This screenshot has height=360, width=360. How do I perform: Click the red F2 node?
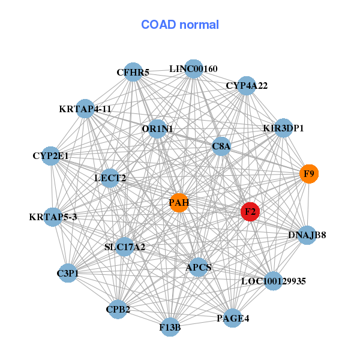pyautogui.click(x=250, y=212)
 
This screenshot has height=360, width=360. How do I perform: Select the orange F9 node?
pyautogui.click(x=309, y=174)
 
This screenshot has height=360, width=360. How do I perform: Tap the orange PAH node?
pyautogui.click(x=179, y=202)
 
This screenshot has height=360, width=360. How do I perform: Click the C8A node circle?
pyautogui.click(x=221, y=146)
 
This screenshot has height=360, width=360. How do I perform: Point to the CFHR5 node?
pyautogui.click(x=133, y=72)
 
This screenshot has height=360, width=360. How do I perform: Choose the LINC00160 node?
pyautogui.click(x=193, y=68)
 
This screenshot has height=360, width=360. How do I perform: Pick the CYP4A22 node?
pyautogui.click(x=246, y=86)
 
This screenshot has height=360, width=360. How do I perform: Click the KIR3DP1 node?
pyautogui.click(x=283, y=128)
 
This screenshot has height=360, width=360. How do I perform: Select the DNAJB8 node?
pyautogui.click(x=307, y=234)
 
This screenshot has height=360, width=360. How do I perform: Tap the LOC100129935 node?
pyautogui.click(x=274, y=281)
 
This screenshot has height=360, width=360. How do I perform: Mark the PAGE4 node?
pyautogui.click(x=233, y=318)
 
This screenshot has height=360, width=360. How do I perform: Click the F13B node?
pyautogui.click(x=170, y=327)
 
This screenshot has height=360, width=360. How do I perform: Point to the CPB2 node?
pyautogui.click(x=118, y=310)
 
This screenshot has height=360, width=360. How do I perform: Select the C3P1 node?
pyautogui.click(x=68, y=273)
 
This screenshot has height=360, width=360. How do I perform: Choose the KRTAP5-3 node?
pyautogui.click(x=52, y=216)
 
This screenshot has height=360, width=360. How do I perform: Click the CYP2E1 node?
pyautogui.click(x=51, y=156)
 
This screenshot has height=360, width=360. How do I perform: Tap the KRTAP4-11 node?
pyautogui.click(x=85, y=109)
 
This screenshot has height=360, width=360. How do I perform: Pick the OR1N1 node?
pyautogui.click(x=157, y=128)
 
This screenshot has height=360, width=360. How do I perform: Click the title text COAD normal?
pyautogui.click(x=180, y=25)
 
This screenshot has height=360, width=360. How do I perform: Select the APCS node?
pyautogui.click(x=199, y=267)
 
